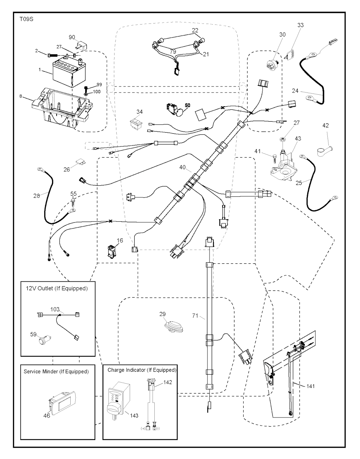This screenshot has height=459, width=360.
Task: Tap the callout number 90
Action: point(72,37)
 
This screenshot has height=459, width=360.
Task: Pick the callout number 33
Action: point(300,25)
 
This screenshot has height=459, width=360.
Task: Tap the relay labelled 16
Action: point(111,251)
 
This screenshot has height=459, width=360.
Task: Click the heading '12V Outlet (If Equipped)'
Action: point(57,288)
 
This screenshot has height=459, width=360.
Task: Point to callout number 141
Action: point(310,386)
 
